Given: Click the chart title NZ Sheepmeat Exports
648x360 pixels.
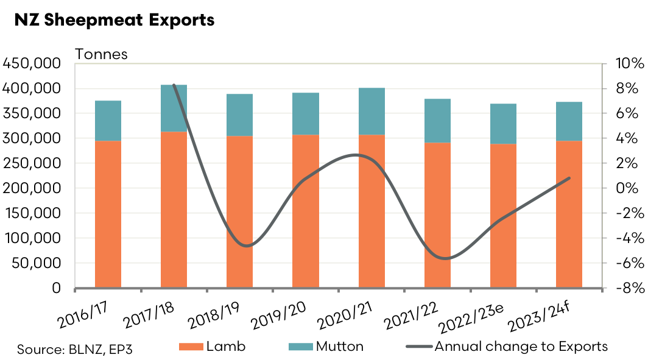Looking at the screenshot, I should click(x=114, y=19).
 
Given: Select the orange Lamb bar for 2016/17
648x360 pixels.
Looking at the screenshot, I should click(x=108, y=214).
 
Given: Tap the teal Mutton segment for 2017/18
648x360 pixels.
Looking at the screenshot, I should click(x=174, y=108).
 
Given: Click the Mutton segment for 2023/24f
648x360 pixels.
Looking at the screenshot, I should click(x=569, y=121).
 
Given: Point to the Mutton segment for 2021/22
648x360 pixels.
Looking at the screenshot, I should click(x=437, y=121).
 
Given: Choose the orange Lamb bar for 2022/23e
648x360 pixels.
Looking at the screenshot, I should click(x=503, y=216).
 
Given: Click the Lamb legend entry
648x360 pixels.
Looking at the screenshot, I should click(x=214, y=347).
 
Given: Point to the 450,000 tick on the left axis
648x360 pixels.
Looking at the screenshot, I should click(x=32, y=63).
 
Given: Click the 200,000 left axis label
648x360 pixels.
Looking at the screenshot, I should click(x=32, y=188).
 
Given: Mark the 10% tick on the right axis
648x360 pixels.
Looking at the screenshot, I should click(x=625, y=64).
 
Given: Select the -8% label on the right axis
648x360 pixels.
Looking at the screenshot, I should click(x=625, y=288).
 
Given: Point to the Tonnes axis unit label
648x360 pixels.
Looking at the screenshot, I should click(x=101, y=54).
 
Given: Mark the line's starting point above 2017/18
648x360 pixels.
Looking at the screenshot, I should click(x=174, y=85).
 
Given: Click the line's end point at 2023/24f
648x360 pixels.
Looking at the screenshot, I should click(x=569, y=178).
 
